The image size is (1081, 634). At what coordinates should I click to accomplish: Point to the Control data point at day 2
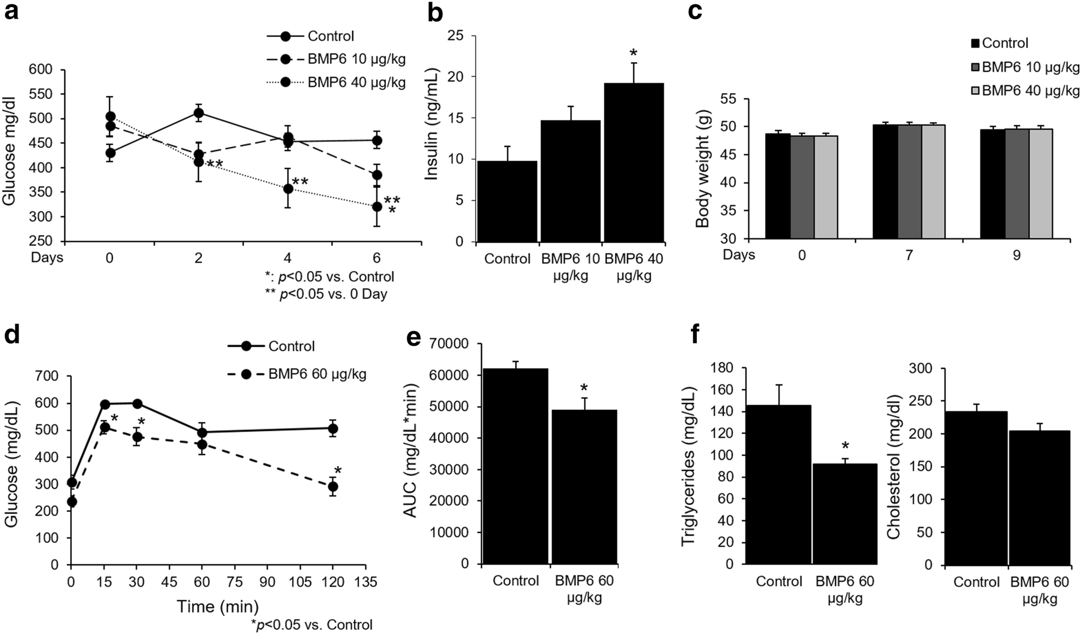click(198, 113)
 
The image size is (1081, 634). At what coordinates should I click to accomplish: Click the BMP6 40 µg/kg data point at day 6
click(377, 207)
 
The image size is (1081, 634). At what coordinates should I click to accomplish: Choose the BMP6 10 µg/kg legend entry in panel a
click(336, 59)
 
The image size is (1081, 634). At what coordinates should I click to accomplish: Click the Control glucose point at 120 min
click(333, 428)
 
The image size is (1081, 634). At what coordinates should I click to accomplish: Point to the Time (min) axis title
click(218, 606)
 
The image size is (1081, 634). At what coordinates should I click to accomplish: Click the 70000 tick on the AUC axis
click(450, 344)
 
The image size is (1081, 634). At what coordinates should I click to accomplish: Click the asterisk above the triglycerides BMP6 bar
click(845, 446)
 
